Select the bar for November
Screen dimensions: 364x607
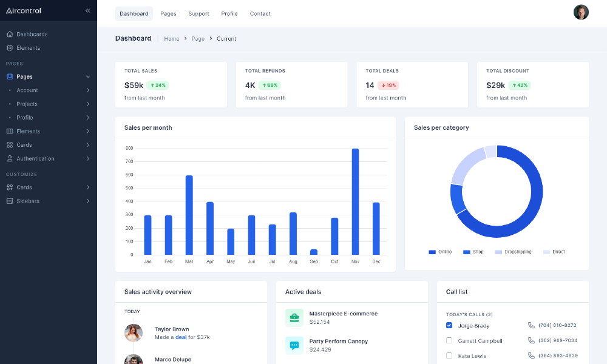[x=355, y=201]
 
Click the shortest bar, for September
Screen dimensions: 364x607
[x=313, y=252]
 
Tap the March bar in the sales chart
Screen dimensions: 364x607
[x=189, y=215]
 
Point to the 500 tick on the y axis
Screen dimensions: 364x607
[x=129, y=188]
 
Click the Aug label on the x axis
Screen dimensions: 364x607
[x=293, y=261]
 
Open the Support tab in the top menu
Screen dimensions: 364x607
[x=198, y=13]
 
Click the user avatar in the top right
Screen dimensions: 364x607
[x=581, y=12]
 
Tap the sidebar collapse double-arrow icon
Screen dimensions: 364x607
[x=87, y=10]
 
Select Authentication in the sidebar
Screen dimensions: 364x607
[x=35, y=158]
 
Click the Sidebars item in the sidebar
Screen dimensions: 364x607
[x=28, y=201]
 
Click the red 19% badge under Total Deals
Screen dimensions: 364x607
[x=388, y=86]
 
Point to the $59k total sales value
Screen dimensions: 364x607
[x=134, y=86]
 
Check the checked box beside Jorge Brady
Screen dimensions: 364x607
[x=449, y=325]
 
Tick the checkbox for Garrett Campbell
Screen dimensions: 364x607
[x=449, y=340]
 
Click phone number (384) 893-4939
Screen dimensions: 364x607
[x=557, y=356]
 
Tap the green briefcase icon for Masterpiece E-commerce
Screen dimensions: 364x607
[x=294, y=317]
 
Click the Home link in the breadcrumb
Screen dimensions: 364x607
[x=172, y=39]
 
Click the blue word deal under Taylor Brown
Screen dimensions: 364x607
[x=181, y=337]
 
